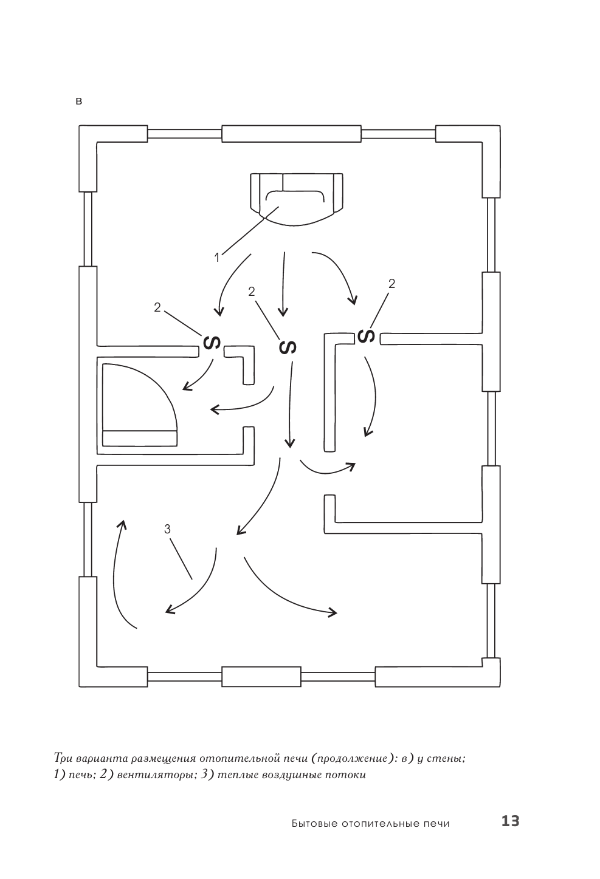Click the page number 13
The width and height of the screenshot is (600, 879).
510,821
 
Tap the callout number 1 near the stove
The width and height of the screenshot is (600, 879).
217,258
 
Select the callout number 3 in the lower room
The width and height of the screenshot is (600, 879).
168,529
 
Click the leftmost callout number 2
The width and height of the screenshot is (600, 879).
157,307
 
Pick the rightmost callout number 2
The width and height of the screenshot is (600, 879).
391,283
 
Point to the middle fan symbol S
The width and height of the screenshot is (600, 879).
287,347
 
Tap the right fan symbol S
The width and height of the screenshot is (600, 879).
366,335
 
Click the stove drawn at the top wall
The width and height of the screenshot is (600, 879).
296,196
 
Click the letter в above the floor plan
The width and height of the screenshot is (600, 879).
78,101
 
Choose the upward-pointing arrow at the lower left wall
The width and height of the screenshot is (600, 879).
122,571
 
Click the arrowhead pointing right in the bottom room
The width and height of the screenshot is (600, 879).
332,612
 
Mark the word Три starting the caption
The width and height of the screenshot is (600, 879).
64,759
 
